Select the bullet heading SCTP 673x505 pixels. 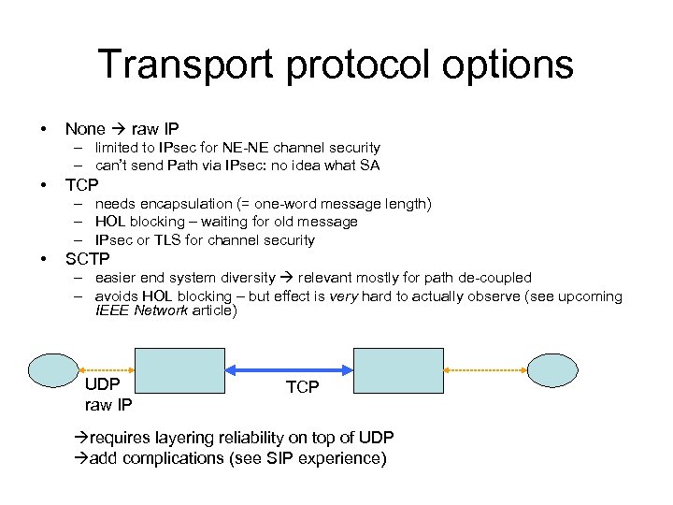[87, 259]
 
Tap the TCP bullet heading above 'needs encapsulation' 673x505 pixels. [81, 184]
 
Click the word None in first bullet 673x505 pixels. [84, 129]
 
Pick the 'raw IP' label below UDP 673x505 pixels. [108, 405]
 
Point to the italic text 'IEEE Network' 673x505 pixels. [141, 311]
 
